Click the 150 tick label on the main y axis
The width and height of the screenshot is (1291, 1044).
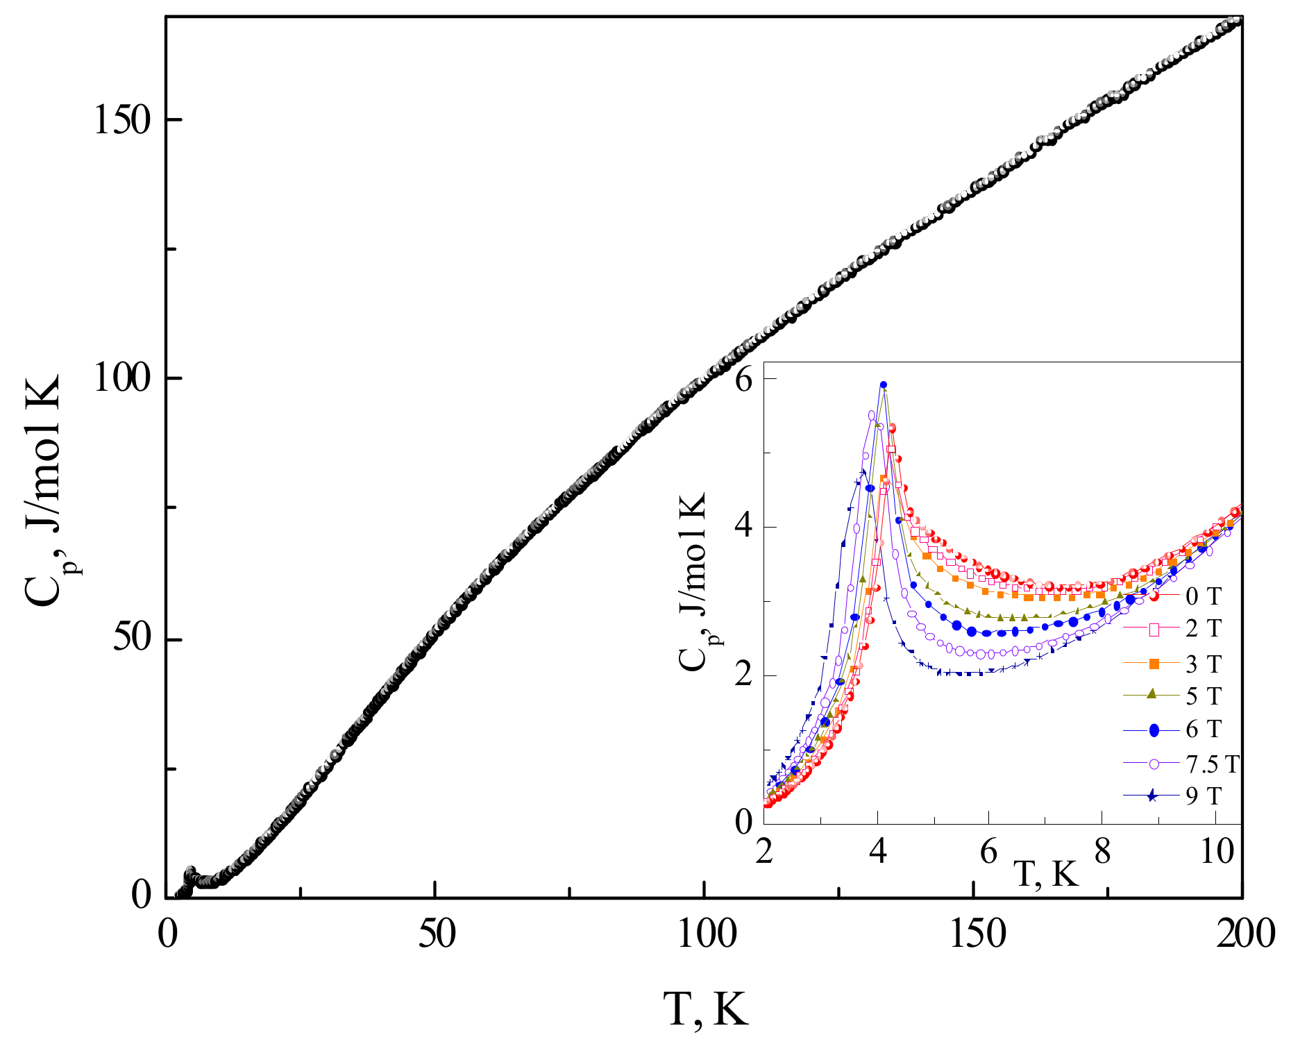click(122, 121)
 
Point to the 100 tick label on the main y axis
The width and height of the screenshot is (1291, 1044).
click(122, 380)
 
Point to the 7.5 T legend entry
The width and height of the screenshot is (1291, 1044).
click(1211, 764)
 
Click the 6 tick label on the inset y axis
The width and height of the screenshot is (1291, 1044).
click(744, 381)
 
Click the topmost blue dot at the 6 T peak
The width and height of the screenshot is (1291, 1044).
click(884, 385)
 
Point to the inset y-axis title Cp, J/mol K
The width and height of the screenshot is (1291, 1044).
click(694, 583)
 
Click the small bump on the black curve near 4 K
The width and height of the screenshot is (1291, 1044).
click(190, 872)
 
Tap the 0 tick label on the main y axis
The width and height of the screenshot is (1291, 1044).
click(141, 897)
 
